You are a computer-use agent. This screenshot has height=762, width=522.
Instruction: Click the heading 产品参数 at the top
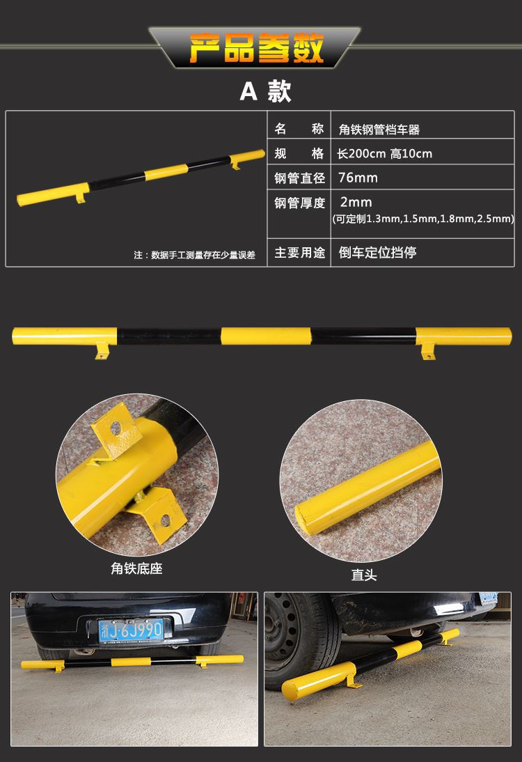(x=259, y=48)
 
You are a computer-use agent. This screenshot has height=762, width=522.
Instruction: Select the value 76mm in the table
(x=358, y=178)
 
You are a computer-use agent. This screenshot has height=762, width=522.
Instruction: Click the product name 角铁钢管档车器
(x=379, y=129)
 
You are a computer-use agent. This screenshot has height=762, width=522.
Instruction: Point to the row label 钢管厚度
(x=300, y=203)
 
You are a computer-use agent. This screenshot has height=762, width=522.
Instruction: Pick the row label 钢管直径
(x=300, y=178)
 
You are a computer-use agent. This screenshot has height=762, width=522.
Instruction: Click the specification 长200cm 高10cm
(x=385, y=153)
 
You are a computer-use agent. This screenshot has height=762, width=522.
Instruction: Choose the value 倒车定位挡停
(x=377, y=252)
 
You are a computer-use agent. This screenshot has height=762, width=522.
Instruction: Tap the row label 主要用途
(x=300, y=252)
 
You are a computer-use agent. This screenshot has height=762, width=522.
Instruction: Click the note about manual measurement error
(x=194, y=255)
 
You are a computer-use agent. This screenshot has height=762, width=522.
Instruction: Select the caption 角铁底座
(x=136, y=568)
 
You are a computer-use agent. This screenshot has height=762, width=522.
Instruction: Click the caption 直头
(x=364, y=575)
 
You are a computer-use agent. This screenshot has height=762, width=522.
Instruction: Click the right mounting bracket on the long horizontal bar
(x=427, y=352)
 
